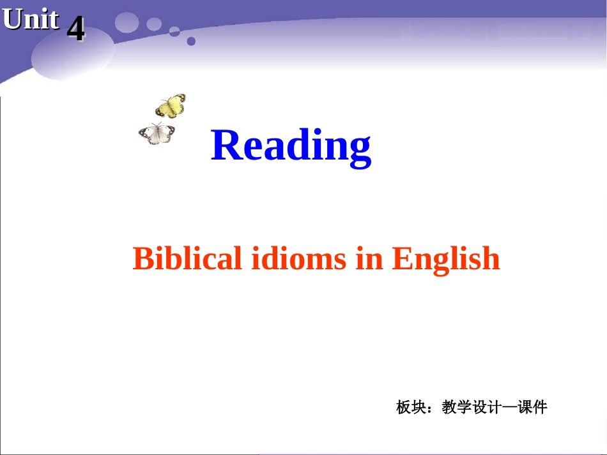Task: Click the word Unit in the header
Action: (31, 20)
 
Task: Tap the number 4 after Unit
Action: (75, 29)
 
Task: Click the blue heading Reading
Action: (291, 145)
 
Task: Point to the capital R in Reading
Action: (225, 145)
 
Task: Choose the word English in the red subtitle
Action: (445, 258)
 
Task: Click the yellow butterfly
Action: (171, 106)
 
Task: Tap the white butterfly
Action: (157, 133)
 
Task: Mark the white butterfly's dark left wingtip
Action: (142, 134)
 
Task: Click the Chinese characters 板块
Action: (410, 407)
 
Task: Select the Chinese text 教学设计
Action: (469, 407)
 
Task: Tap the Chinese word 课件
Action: (532, 407)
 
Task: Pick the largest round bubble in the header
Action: (127, 22)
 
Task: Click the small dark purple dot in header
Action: (191, 41)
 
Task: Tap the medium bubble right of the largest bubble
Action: (154, 24)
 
